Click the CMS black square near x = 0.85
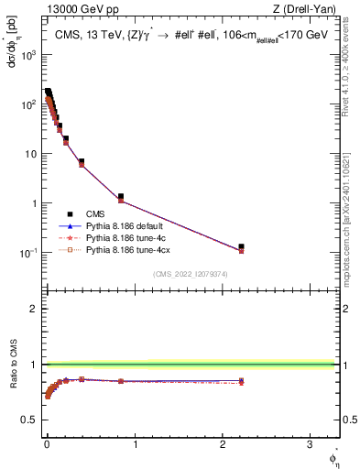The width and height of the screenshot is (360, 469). coord(121,196)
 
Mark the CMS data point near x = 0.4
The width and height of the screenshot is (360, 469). coord(82,162)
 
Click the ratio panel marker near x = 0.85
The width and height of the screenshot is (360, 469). coord(121,380)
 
